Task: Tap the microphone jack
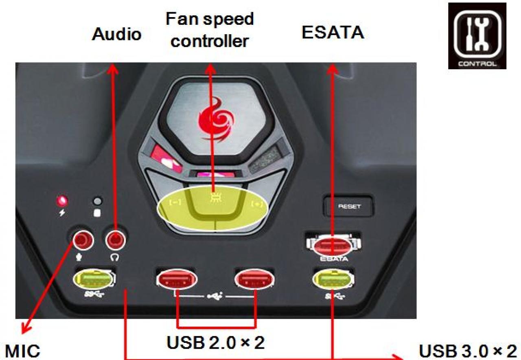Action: [83, 240]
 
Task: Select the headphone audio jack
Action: [115, 239]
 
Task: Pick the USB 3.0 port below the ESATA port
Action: [333, 279]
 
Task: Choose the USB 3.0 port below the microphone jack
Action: [94, 279]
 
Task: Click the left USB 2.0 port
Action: [177, 279]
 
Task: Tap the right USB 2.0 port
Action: [254, 279]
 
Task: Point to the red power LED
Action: [62, 201]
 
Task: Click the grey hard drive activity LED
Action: [98, 201]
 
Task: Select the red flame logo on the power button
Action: [216, 121]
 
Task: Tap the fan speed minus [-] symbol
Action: [175, 202]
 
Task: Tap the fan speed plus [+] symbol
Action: [257, 204]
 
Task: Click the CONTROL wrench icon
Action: [477, 36]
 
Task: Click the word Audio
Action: [116, 34]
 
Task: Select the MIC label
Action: [22, 351]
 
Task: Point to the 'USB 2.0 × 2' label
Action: [216, 342]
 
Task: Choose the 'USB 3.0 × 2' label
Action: [468, 351]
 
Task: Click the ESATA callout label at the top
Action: [333, 32]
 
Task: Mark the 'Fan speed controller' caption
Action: [210, 30]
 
